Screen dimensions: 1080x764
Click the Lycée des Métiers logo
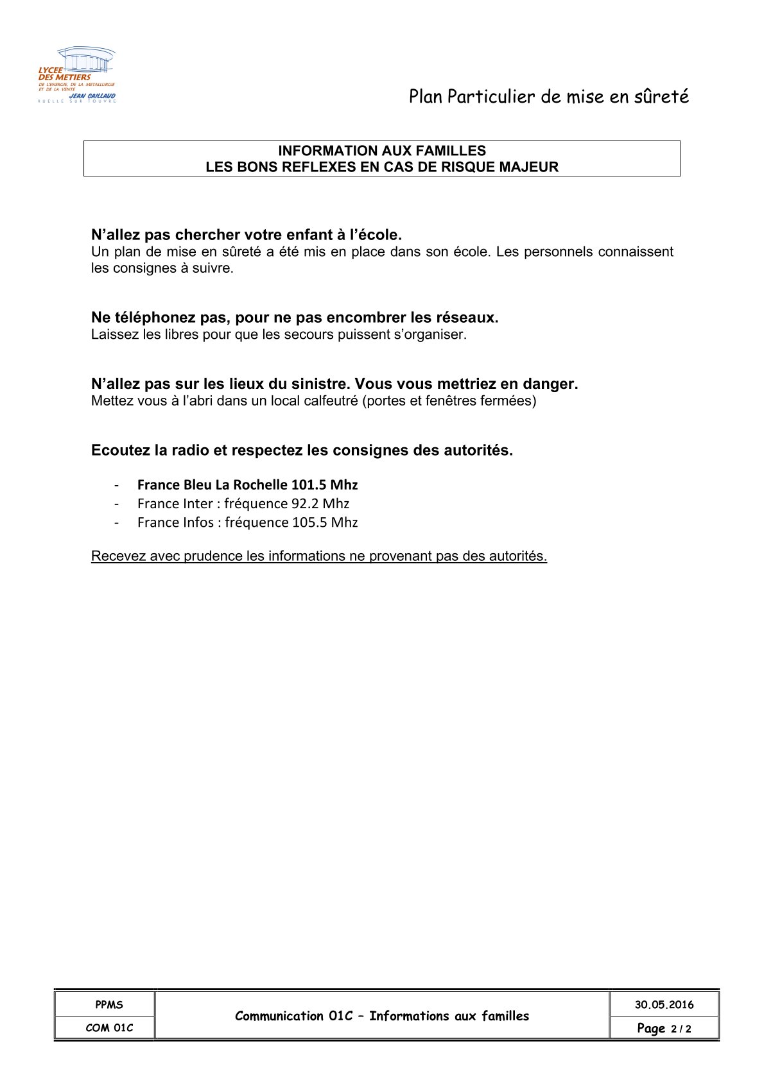pos(77,75)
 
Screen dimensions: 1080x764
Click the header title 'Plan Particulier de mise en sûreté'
pos(548,97)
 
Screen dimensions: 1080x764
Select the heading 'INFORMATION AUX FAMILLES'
pos(381,151)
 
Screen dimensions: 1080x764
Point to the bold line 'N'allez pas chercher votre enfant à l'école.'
pos(247,235)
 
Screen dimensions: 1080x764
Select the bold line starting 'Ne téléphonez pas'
pos(295,318)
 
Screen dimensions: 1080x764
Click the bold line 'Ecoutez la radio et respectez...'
pos(302,450)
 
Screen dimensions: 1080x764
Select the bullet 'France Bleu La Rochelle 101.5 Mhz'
pos(247,484)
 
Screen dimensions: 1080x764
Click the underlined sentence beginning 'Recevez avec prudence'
pos(319,556)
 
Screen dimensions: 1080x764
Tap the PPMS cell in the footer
pos(105,1004)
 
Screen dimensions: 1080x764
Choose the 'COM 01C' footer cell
pos(105,1027)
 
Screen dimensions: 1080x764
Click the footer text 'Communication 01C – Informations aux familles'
pos(382,1016)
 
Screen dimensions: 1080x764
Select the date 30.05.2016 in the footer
pos(664,1004)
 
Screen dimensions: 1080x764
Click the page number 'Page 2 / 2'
pos(664,1028)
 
